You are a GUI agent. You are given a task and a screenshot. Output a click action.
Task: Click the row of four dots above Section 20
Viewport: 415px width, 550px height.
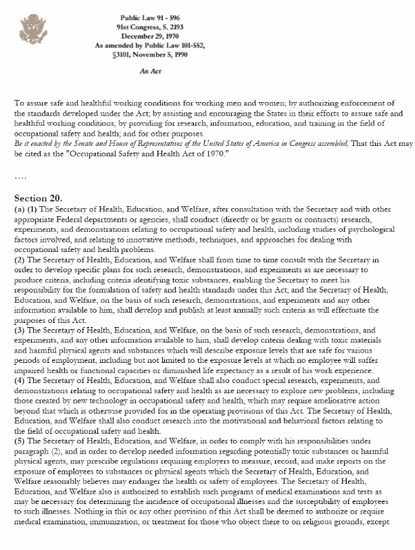20,177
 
